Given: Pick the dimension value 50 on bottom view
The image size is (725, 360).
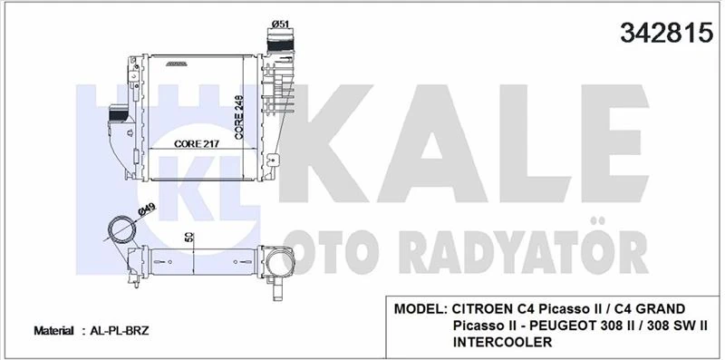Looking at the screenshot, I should (x=188, y=238).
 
